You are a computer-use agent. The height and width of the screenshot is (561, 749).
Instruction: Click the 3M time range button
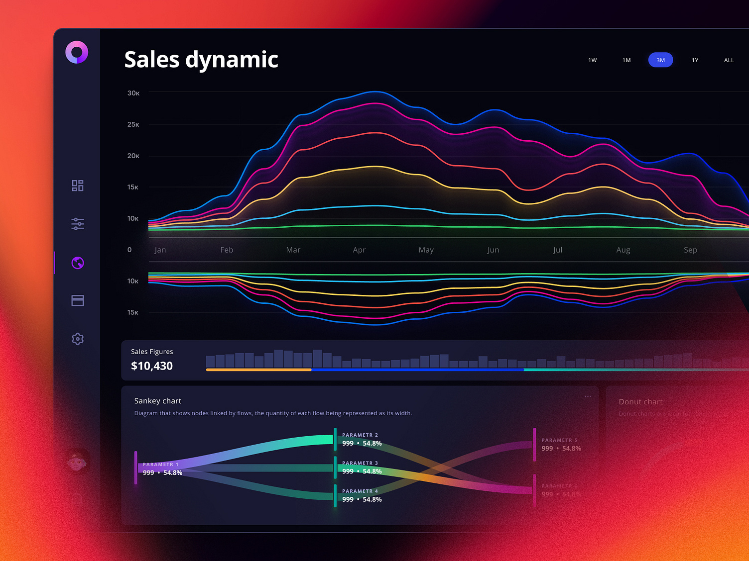[660, 60]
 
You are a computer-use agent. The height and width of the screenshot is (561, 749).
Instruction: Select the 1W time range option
[592, 60]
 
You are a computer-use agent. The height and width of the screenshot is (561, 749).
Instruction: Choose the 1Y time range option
[695, 60]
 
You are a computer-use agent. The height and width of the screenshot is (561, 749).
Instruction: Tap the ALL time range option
[729, 60]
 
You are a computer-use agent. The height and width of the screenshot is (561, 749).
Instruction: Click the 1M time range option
[626, 60]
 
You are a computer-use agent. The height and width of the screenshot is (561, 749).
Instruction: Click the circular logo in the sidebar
[77, 52]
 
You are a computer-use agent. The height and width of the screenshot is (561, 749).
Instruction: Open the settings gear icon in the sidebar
[78, 339]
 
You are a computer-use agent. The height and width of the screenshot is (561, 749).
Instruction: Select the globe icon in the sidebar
[78, 263]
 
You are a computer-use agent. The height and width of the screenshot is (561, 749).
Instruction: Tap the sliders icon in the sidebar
[78, 224]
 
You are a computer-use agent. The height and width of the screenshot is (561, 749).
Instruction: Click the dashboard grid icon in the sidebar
[78, 186]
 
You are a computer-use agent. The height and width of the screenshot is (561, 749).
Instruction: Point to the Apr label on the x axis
[359, 250]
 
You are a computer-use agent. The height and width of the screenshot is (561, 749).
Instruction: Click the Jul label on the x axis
[557, 250]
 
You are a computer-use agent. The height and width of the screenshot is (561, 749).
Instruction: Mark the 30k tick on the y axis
[133, 93]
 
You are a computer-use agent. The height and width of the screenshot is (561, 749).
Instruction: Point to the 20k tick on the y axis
[133, 156]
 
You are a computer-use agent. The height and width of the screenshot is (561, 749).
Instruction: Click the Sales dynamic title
[201, 60]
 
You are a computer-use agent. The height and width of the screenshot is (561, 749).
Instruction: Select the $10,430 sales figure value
[152, 366]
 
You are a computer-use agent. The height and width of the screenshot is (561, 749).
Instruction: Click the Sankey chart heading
[158, 401]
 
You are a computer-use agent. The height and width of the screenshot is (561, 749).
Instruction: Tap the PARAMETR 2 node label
[360, 435]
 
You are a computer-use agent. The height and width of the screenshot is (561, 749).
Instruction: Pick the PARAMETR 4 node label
[360, 491]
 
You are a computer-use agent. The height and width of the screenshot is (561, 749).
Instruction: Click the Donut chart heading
[640, 402]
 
